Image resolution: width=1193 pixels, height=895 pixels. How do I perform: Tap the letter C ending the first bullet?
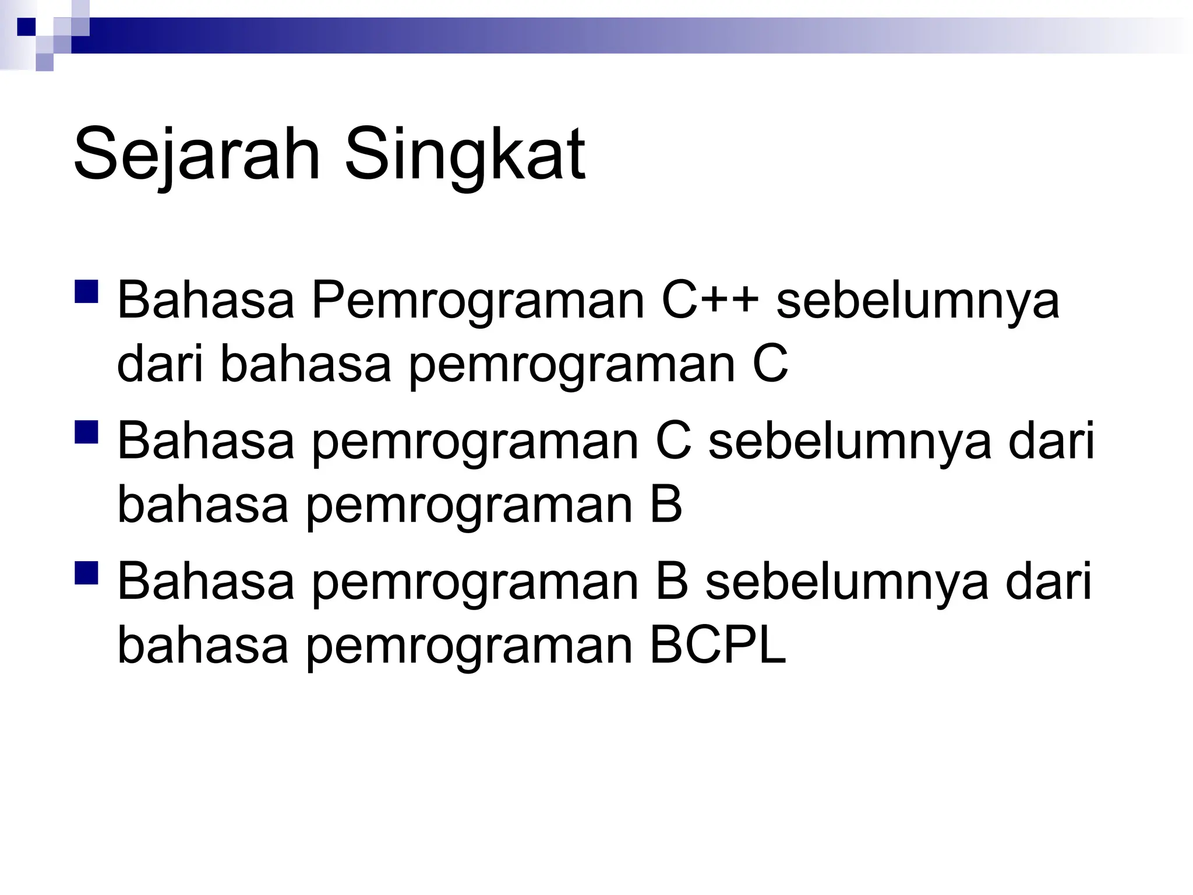click(x=770, y=364)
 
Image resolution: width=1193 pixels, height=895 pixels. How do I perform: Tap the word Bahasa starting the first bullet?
click(x=206, y=300)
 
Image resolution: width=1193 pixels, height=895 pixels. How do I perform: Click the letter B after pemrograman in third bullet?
click(x=672, y=581)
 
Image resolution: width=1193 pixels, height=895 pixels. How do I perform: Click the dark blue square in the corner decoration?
click(x=26, y=26)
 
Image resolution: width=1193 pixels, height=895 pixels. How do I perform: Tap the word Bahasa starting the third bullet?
click(x=206, y=581)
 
